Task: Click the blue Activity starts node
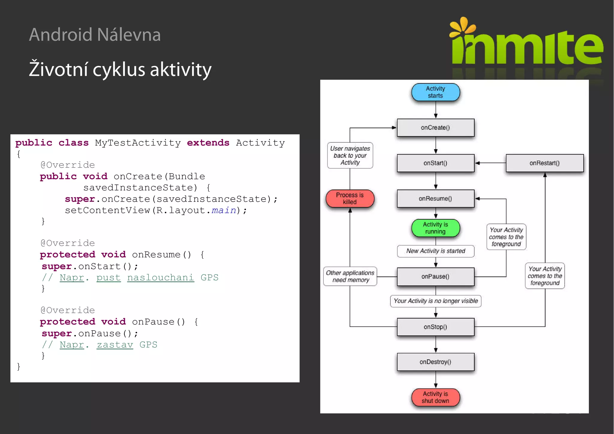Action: click(x=435, y=92)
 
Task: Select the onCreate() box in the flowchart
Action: click(x=435, y=127)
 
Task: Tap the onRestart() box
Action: click(x=544, y=163)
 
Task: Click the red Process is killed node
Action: click(x=350, y=199)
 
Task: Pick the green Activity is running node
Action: click(x=435, y=228)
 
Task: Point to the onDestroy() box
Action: click(x=435, y=362)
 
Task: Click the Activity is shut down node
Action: click(x=435, y=397)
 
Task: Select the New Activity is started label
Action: click(x=435, y=251)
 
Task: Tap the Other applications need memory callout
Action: click(x=350, y=276)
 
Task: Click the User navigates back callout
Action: click(x=350, y=155)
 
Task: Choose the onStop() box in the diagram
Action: click(x=435, y=327)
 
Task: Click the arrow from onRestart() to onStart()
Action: click(x=490, y=163)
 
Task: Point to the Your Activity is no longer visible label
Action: click(x=435, y=301)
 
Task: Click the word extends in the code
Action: click(x=208, y=143)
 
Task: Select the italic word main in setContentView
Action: click(x=224, y=210)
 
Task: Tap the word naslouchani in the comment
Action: click(x=160, y=277)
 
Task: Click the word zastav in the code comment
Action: click(x=115, y=345)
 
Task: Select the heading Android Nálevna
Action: click(x=95, y=34)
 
